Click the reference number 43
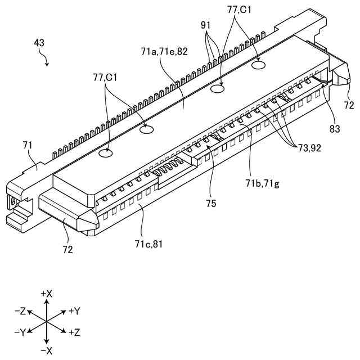(39, 42)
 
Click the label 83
(335, 129)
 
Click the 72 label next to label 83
(349, 105)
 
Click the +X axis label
(47, 294)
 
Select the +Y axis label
(75, 311)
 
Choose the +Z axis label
(75, 332)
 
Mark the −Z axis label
(20, 311)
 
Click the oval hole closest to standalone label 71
(105, 153)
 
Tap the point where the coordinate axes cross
(47, 322)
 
